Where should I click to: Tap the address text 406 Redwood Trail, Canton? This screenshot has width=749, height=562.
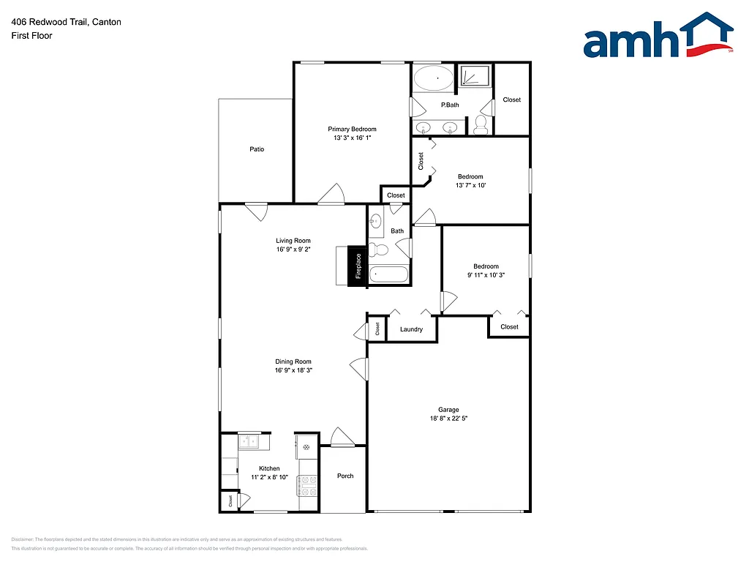click(66, 22)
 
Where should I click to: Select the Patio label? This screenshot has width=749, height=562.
click(257, 149)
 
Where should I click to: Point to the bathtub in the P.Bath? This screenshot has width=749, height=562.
click(434, 78)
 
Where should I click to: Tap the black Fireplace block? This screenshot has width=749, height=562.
click(358, 266)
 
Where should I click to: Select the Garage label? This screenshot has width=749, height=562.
click(448, 410)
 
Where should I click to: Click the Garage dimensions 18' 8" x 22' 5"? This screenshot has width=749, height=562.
click(448, 419)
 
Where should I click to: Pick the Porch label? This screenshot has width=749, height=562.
click(345, 476)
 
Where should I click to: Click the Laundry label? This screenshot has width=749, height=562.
click(411, 329)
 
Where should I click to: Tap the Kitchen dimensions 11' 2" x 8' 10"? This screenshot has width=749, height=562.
click(268, 477)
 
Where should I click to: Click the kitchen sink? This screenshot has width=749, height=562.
click(249, 441)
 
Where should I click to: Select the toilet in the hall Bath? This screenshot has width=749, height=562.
click(378, 250)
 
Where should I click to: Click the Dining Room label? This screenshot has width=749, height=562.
click(293, 361)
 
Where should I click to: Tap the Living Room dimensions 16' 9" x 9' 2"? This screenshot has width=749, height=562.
click(293, 250)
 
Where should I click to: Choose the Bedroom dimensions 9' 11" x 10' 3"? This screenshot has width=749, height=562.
click(486, 275)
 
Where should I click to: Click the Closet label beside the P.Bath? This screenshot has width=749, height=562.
click(512, 100)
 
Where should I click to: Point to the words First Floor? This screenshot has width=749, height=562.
click(31, 35)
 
